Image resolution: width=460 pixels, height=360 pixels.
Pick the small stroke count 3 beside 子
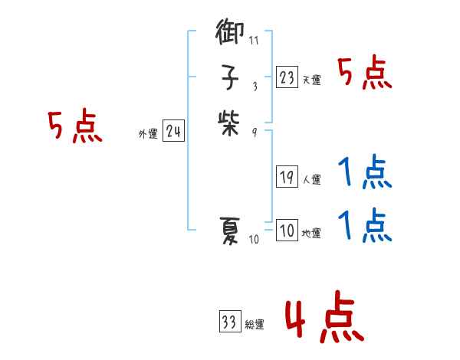coord(254,86)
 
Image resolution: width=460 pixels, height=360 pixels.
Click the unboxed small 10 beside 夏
coord(255,240)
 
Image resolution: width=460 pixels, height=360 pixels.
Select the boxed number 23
coord(287,77)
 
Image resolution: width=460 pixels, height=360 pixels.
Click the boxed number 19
coord(287,178)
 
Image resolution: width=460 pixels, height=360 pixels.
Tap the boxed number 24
coord(172,132)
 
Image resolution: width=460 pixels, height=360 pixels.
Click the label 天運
coord(310,80)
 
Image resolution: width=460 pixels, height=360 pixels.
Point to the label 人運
coord(310,180)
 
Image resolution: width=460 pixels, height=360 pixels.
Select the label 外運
coord(147,134)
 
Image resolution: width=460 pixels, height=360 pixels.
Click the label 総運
coord(254,324)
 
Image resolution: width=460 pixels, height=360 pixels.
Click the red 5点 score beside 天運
coord(364,74)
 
